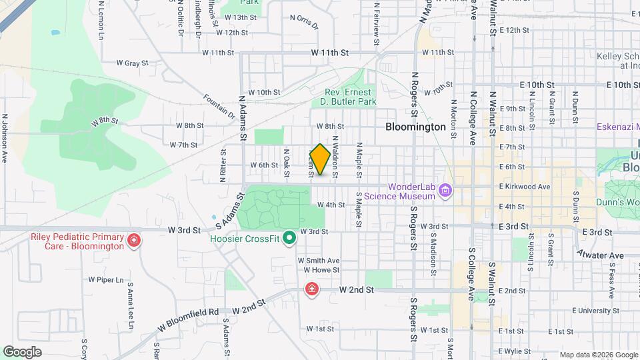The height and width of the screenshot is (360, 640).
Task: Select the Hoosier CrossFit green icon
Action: pyautogui.click(x=289, y=238)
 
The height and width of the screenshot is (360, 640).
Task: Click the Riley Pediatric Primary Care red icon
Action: pyautogui.click(x=134, y=240)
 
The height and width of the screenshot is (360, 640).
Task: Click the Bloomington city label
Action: pyautogui.click(x=415, y=126)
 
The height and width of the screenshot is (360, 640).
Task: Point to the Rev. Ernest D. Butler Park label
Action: pyautogui.click(x=351, y=97)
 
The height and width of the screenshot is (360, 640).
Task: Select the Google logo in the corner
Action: pyautogui.click(x=22, y=351)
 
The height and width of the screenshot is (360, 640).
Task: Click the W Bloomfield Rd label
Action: pyautogui.click(x=189, y=319)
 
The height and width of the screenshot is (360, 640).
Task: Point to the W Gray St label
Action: pyautogui.click(x=131, y=63)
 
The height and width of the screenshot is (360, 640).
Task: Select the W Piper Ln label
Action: pyautogui.click(x=107, y=280)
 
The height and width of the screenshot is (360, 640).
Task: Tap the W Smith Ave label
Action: pyautogui.click(x=319, y=261)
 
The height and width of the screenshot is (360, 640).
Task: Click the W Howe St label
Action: pyautogui.click(x=321, y=270)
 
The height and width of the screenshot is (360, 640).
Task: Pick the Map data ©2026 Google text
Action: pyautogui.click(x=598, y=354)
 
